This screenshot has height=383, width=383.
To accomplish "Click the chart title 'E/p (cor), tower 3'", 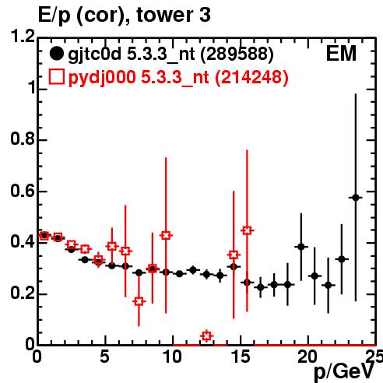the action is tap(124, 15).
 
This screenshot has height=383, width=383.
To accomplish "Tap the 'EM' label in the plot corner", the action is tap(341, 54).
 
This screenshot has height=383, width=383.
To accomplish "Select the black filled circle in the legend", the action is tap(56, 54).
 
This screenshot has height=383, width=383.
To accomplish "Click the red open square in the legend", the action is tap(56, 77).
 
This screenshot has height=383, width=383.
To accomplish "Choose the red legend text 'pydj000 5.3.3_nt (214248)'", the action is tap(178, 78).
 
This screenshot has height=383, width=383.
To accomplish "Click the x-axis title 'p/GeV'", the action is tap(344, 372).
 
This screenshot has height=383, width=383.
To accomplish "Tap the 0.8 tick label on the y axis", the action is tap(23, 139).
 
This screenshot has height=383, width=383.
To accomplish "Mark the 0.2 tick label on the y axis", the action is tap(23, 293).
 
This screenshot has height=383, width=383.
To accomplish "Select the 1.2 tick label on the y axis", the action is tap(23, 37).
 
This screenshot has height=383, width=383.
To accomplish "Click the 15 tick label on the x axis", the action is tap(241, 357).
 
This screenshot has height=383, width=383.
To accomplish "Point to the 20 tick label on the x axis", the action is tap(307, 357).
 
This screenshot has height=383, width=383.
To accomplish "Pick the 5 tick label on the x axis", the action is tap(104, 357).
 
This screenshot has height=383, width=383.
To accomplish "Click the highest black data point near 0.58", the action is tap(356, 198).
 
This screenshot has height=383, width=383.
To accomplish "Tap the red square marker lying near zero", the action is tap(206, 336).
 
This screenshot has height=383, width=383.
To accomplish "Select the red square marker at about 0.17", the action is tap(139, 301).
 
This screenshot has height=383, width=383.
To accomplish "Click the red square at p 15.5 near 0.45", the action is tap(247, 230).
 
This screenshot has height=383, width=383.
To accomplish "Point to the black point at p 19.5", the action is tap(301, 247).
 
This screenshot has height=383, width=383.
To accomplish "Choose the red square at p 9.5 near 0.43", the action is tap(166, 235).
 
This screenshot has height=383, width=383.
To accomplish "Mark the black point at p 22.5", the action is tap(342, 259).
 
